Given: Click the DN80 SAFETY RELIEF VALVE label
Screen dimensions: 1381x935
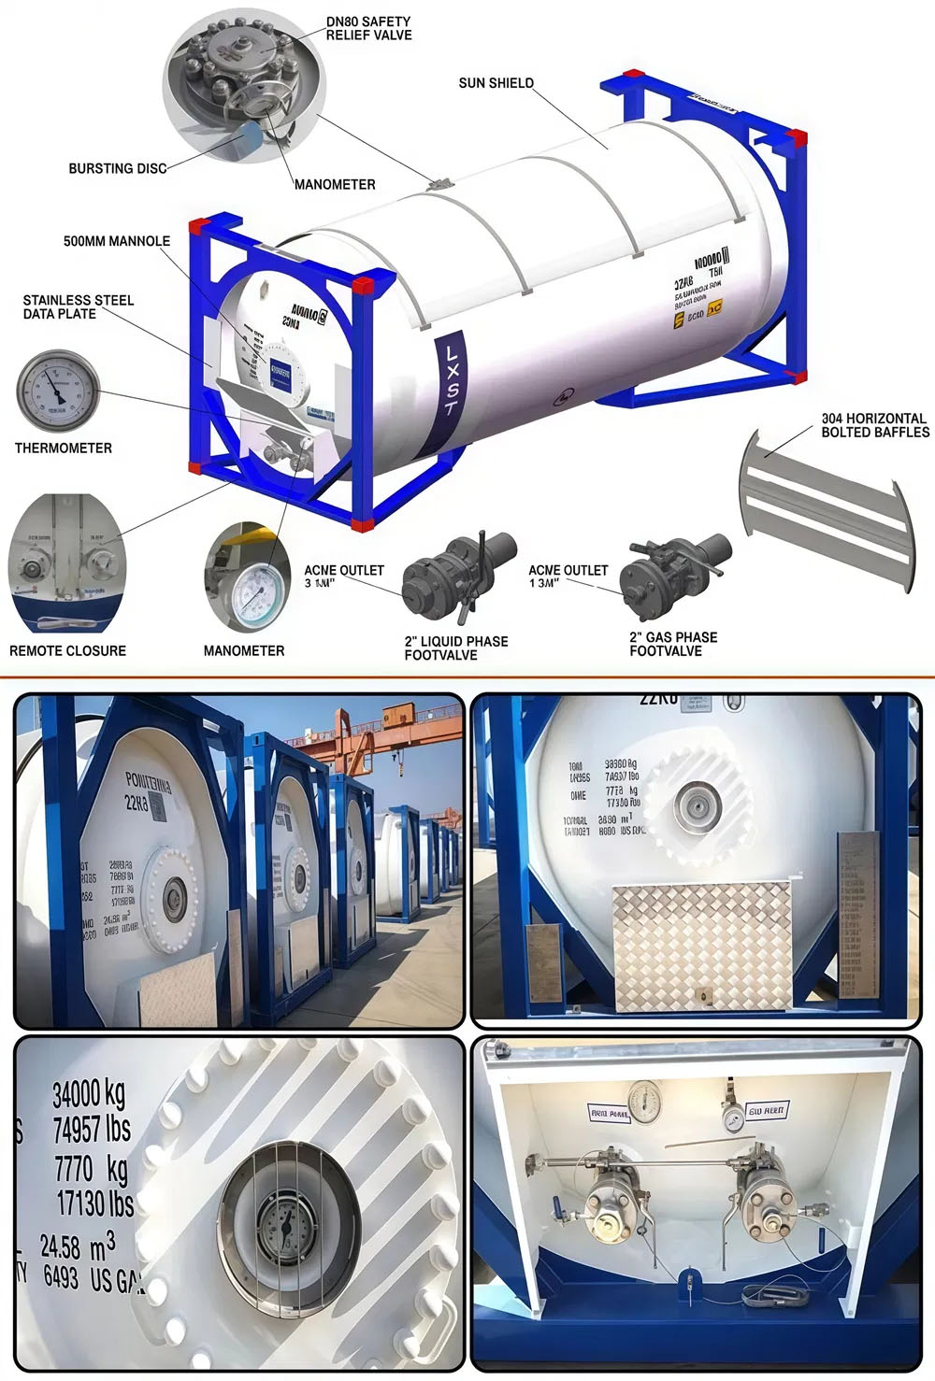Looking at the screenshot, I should [368, 28].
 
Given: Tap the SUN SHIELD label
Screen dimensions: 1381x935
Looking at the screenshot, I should [496, 83].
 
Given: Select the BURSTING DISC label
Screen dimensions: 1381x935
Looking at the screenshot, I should [117, 169].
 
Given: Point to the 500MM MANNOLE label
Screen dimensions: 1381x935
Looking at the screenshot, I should [116, 241].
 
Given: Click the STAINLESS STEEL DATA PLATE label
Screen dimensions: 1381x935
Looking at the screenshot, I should [78, 307].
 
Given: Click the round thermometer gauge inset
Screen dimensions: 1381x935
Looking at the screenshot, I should [58, 391].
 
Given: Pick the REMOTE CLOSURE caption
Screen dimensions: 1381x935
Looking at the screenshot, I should [67, 651].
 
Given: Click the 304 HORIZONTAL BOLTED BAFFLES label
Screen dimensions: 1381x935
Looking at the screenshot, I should [875, 425].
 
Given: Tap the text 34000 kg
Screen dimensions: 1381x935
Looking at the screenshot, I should [88, 1092].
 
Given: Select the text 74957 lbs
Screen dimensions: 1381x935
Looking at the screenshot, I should [91, 1130].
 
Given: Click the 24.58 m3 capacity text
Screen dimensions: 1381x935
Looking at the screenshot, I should [78, 1246].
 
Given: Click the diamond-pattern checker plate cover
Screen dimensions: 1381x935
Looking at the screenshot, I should [701, 946].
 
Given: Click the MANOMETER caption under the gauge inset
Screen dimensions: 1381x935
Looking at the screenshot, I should [244, 651].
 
